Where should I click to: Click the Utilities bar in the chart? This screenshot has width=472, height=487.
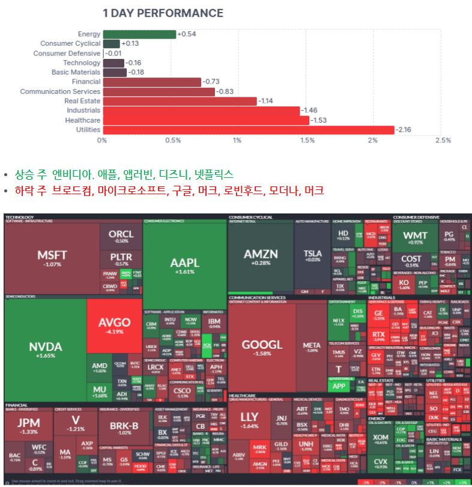(248, 130)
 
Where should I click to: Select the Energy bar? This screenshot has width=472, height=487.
(139, 34)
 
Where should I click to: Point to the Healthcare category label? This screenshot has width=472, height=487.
(83, 120)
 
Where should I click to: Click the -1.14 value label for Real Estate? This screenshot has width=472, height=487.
(265, 101)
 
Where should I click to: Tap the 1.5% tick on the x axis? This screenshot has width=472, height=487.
(307, 140)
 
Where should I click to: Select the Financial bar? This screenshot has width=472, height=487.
(151, 82)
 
